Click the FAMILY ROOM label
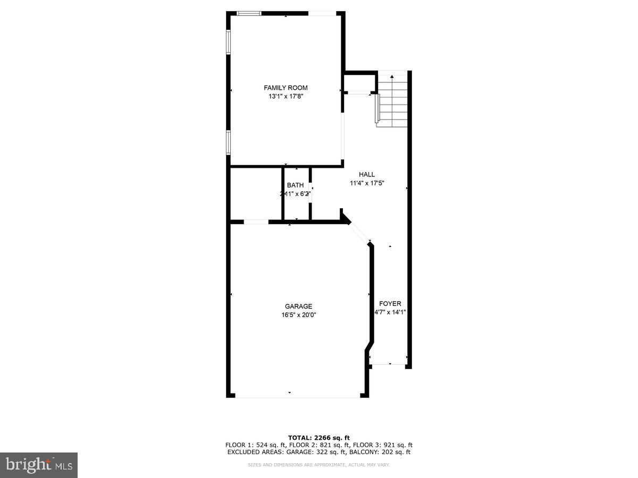tap(286, 88)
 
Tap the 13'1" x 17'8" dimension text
tap(286, 97)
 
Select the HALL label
tap(366, 174)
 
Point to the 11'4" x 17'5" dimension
tap(366, 183)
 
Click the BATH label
tap(295, 185)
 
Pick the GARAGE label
tap(298, 306)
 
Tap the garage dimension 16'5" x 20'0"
tap(298, 315)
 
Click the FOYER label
tap(390, 303)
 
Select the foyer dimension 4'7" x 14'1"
tap(390, 312)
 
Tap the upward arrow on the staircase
tap(392, 78)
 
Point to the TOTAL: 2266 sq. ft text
tap(318, 438)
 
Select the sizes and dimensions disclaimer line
tap(318, 465)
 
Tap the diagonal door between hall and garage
tap(359, 232)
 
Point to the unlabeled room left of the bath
tap(256, 194)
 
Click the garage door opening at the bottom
tap(298, 396)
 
